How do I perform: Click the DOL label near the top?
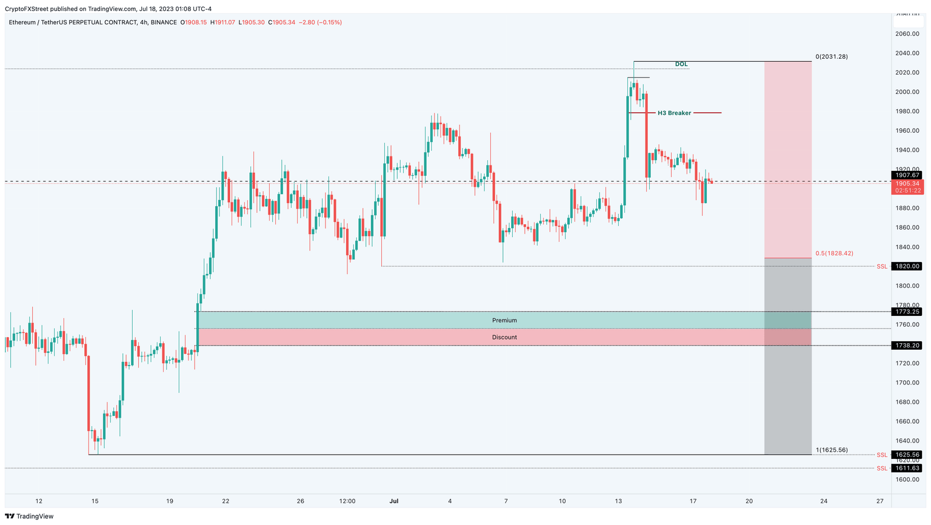[x=681, y=64]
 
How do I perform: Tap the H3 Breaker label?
[x=674, y=113]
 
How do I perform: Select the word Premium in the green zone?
[x=504, y=320]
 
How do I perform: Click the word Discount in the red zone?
[x=504, y=337]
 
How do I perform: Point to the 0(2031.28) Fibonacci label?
[x=832, y=56]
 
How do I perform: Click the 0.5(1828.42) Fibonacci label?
[x=834, y=253]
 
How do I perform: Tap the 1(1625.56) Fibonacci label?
[x=832, y=450]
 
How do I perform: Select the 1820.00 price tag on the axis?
[x=907, y=266]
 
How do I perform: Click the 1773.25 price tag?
[x=907, y=312]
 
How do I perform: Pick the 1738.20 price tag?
[x=907, y=345]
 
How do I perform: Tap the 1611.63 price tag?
[x=907, y=468]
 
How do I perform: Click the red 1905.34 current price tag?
[x=907, y=183]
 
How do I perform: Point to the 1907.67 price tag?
[x=907, y=175]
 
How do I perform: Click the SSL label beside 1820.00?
[x=881, y=266]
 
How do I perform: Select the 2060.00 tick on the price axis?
[x=907, y=34]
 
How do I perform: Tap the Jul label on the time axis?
[x=394, y=501]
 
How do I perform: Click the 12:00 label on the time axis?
[x=347, y=501]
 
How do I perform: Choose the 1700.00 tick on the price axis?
[x=907, y=383]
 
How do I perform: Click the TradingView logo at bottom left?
[x=29, y=516]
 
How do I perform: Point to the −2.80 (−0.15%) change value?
[x=320, y=22]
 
